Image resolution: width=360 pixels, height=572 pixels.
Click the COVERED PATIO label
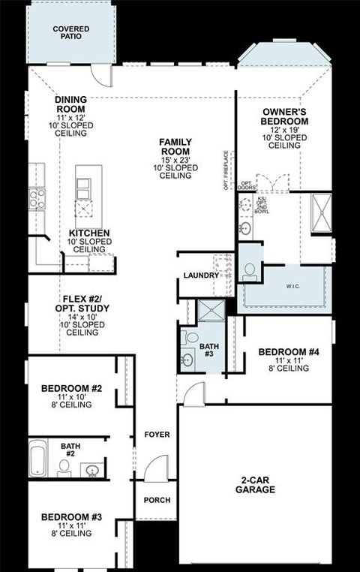click(70, 32)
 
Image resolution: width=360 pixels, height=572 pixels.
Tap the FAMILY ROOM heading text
click(176, 146)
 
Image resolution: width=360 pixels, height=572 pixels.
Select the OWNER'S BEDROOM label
click(285, 116)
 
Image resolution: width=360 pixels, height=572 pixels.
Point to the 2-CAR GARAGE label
click(254, 484)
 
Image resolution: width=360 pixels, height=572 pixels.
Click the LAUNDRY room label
click(201, 275)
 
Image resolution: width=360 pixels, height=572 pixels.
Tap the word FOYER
click(157, 435)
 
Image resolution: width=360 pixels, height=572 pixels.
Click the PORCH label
click(157, 500)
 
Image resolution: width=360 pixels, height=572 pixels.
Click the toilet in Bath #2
click(64, 468)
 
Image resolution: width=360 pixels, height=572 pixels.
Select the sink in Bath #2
click(92, 471)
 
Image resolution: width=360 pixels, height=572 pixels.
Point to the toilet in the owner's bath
click(250, 271)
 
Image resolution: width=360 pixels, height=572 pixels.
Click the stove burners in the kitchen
click(37, 198)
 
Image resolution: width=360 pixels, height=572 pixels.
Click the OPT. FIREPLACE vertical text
click(226, 171)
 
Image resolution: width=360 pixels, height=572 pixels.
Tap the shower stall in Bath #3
click(210, 309)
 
